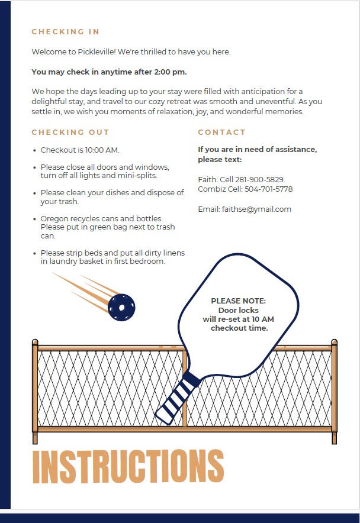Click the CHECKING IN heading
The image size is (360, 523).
coord(66,32)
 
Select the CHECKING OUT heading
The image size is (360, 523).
coord(70,133)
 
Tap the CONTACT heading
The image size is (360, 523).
coord(221,133)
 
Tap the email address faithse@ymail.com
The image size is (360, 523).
coord(256,209)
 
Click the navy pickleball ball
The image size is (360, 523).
coord(121,307)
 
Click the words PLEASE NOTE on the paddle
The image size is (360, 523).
coord(239,301)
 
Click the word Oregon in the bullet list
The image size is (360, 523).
coord(54,218)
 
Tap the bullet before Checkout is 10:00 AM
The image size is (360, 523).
coord(35,150)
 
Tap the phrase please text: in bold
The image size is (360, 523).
coord(220,160)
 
